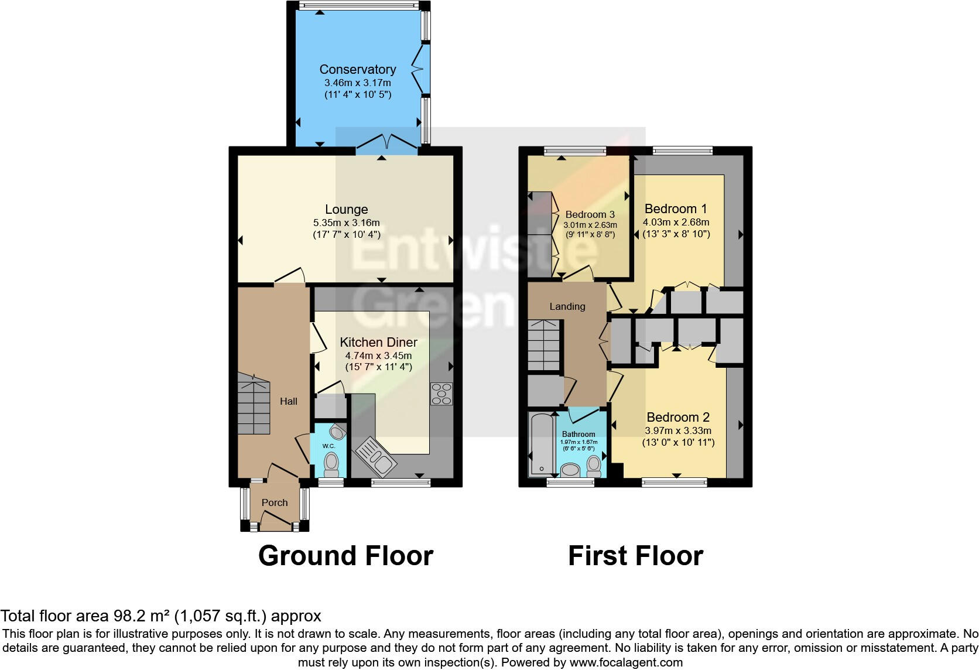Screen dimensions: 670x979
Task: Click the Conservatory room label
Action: click(x=357, y=69)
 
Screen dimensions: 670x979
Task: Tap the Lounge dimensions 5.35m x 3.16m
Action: click(x=346, y=223)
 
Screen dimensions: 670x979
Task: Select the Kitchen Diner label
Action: click(x=378, y=342)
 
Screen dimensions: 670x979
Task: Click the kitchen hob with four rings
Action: click(x=441, y=394)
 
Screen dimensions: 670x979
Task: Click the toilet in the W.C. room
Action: click(x=331, y=466)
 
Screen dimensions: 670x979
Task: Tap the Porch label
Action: click(x=275, y=502)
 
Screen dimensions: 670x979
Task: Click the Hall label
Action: click(x=288, y=401)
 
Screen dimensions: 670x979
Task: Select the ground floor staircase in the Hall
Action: click(x=254, y=404)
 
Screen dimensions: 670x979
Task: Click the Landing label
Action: click(x=567, y=306)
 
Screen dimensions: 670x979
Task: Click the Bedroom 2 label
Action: click(x=678, y=417)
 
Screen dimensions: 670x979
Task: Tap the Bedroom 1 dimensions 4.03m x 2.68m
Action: click(x=676, y=223)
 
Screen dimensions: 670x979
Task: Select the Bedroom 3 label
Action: click(x=590, y=214)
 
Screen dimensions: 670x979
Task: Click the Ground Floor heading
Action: click(x=345, y=555)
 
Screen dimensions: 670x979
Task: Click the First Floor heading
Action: click(x=635, y=555)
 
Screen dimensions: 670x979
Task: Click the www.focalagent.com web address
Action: click(x=626, y=662)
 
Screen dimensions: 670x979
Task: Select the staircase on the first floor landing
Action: click(x=544, y=346)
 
